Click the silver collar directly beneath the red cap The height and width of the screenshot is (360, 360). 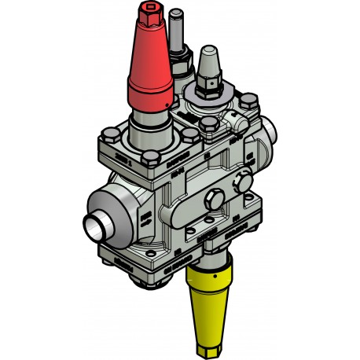(x=149, y=119)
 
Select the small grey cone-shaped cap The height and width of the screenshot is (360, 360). (x=209, y=63)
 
